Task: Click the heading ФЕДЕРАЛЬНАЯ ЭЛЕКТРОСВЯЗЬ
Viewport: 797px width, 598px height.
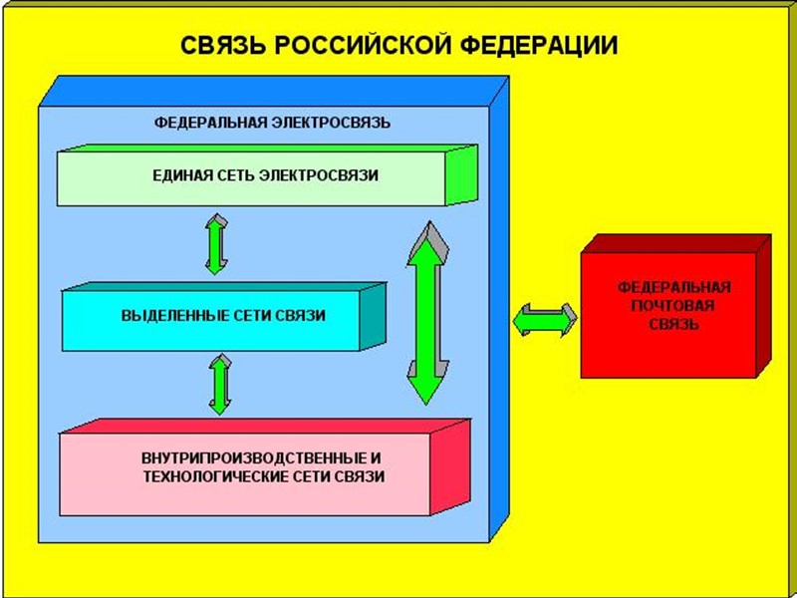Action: [x=272, y=123]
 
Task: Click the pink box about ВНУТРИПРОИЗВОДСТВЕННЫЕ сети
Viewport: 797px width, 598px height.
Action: [x=249, y=468]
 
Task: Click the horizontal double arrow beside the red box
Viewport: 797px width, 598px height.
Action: [x=545, y=319]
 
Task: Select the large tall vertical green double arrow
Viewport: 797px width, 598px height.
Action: [x=425, y=315]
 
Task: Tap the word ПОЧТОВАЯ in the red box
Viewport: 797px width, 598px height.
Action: [x=673, y=305]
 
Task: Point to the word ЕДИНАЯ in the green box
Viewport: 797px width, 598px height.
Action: [x=176, y=176]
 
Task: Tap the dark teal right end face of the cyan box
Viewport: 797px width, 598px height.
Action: [x=371, y=317]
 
